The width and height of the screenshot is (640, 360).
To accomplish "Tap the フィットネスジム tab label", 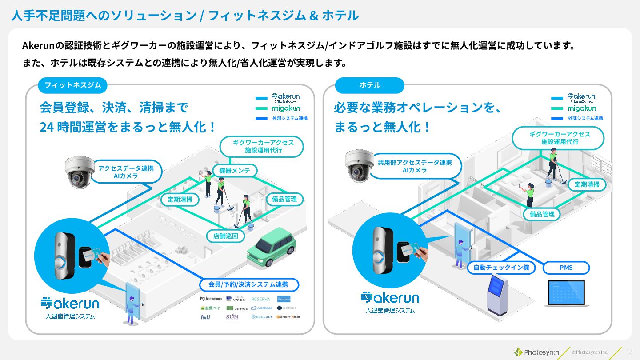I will (72, 85).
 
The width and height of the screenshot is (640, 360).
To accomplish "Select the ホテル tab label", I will (370, 85).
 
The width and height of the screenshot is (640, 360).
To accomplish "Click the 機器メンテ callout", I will (235, 171).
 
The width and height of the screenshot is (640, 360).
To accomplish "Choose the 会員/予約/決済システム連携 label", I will (248, 284).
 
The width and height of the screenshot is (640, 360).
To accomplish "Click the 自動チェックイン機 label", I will (501, 268).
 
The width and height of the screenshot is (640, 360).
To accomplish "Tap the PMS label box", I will (566, 268).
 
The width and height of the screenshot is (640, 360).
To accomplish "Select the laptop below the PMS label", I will (566, 293).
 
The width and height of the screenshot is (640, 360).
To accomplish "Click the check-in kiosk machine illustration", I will (497, 295).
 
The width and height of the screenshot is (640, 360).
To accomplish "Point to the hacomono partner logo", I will (211, 299).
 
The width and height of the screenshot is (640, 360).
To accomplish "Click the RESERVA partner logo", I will (260, 299).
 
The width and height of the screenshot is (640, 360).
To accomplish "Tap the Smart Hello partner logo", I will (288, 317).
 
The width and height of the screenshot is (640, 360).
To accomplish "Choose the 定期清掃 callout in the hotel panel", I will (587, 184).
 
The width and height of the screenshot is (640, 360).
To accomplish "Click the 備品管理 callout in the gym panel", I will (284, 199).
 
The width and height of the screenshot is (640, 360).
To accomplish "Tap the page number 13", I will (629, 352).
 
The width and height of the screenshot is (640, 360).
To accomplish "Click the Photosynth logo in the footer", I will (536, 352).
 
